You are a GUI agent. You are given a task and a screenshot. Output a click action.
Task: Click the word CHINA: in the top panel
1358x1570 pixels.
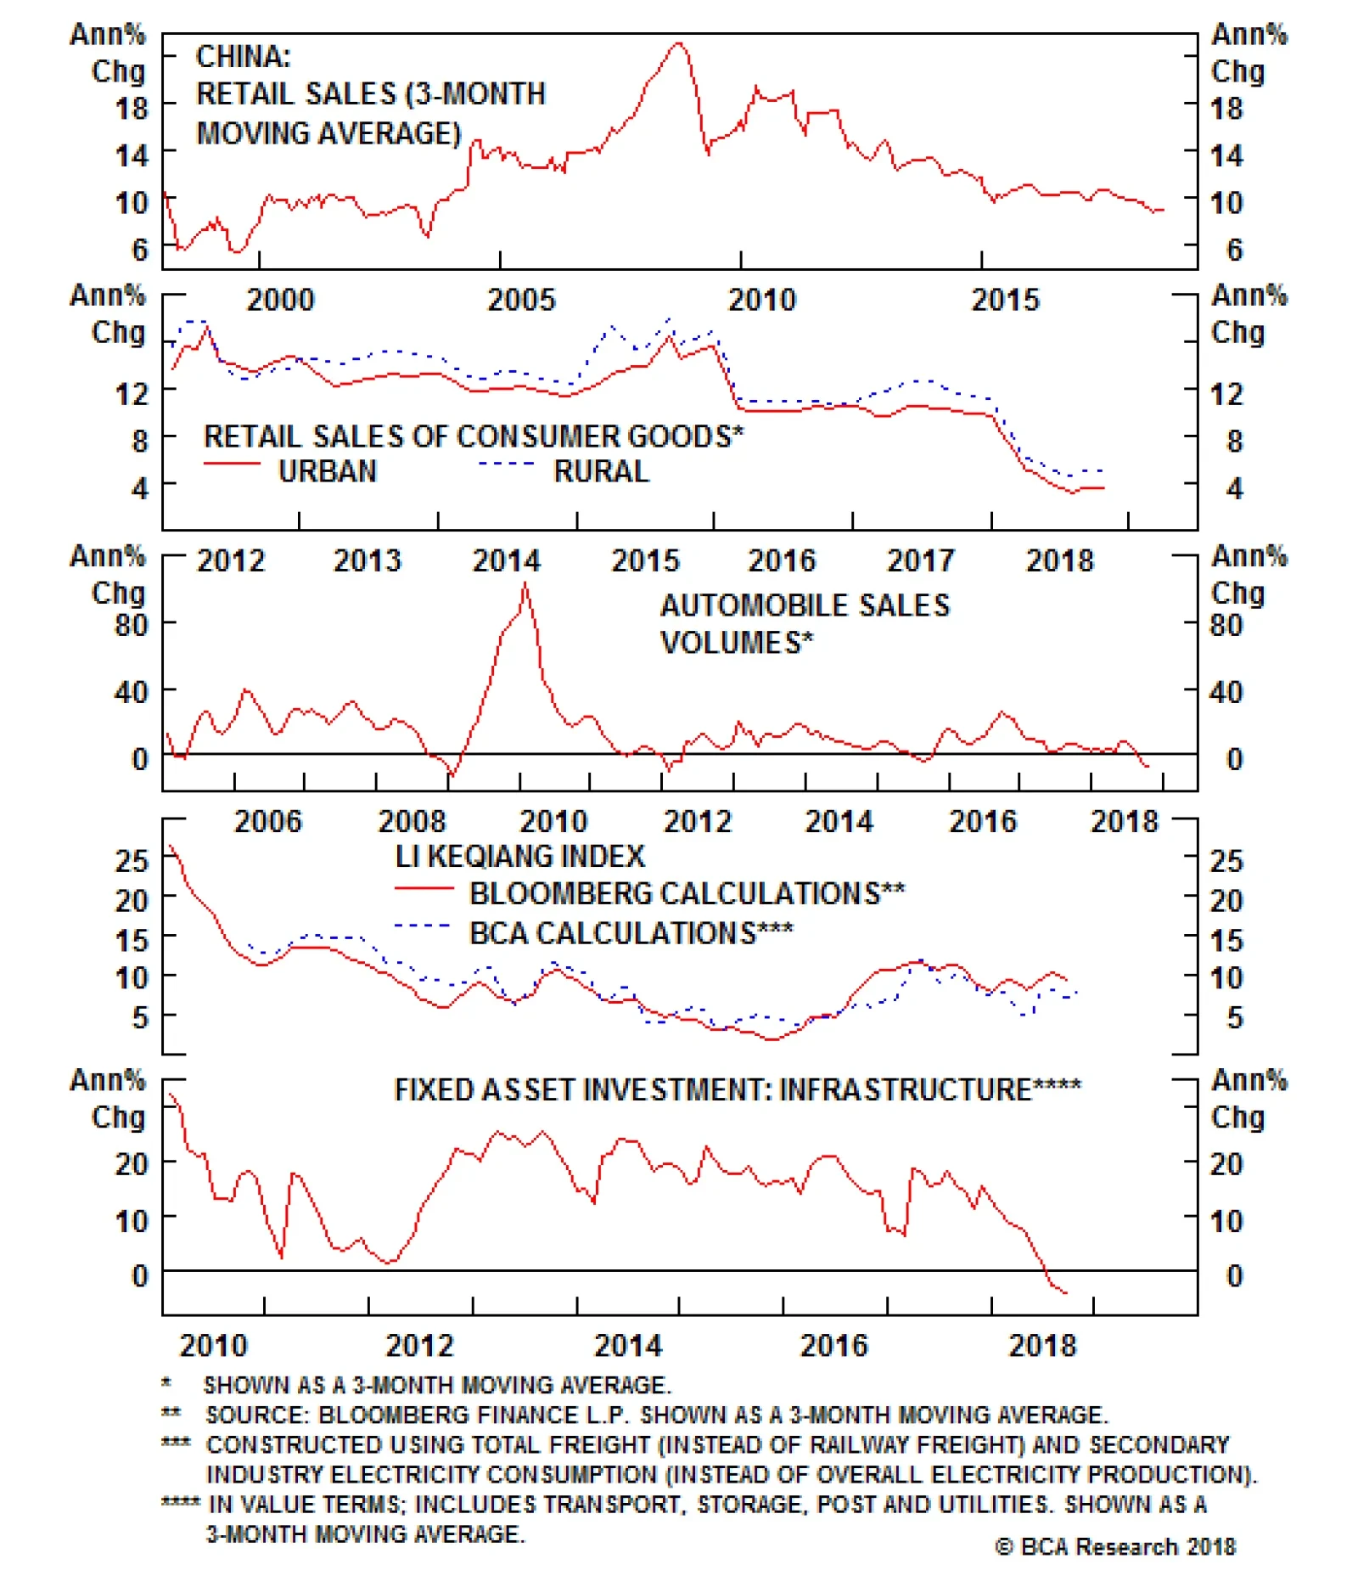[x=243, y=57]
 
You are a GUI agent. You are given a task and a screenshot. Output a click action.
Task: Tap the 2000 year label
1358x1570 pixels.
[x=280, y=300]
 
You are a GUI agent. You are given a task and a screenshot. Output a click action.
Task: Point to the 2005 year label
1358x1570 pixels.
[x=520, y=300]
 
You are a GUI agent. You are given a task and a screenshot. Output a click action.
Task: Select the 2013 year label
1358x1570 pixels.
[x=367, y=560]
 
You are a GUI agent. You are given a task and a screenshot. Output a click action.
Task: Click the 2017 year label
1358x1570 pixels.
[x=920, y=560]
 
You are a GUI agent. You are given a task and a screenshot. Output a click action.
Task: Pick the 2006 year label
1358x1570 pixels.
[x=267, y=821]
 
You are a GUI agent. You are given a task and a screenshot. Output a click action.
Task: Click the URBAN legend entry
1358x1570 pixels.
[x=327, y=471]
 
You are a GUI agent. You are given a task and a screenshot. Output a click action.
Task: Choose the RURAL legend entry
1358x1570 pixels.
[x=601, y=471]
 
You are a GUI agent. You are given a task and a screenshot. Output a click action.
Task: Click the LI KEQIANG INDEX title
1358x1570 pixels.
[x=519, y=856]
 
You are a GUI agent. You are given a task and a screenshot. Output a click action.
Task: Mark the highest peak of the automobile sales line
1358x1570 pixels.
[x=525, y=583]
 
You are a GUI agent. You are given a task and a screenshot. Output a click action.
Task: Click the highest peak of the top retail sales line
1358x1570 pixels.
[x=677, y=43]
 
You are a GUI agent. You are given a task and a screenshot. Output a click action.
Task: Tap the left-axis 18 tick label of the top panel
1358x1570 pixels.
[x=132, y=109]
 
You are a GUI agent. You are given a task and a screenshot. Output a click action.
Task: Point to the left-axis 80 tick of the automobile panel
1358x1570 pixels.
[x=132, y=625]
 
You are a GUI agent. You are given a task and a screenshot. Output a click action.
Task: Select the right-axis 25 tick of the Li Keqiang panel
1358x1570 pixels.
[x=1226, y=861]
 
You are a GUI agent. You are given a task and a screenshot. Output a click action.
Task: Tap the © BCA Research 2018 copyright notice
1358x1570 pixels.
[x=1115, y=1546]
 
